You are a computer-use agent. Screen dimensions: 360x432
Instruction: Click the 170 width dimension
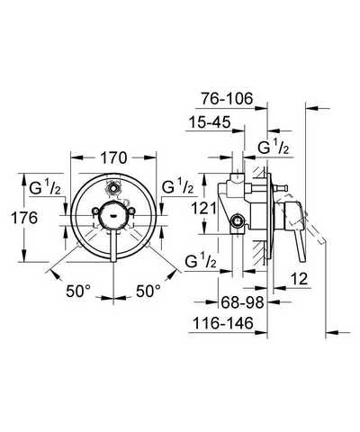coord(113,158)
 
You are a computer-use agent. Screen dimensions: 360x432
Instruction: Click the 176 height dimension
coord(24,218)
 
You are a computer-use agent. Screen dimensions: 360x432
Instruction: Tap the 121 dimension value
coord(204,208)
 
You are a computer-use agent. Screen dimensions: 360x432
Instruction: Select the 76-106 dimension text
coord(227,99)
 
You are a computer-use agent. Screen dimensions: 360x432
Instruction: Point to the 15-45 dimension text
coord(210,122)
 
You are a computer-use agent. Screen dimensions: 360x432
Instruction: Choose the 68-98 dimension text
coord(242,302)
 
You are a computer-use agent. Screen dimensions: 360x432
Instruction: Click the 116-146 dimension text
coord(223,323)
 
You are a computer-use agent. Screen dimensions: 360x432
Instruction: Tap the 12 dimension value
coord(299,279)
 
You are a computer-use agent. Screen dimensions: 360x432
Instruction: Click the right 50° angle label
coord(148,291)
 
